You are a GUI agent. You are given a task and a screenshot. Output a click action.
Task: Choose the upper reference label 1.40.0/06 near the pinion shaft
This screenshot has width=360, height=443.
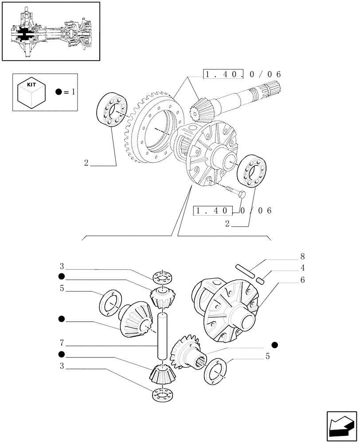[x=242, y=74]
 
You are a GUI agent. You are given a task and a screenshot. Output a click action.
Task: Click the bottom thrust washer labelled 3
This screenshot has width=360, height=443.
[x=162, y=394]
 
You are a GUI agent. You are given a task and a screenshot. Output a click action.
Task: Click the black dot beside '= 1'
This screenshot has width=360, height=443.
[x=59, y=92]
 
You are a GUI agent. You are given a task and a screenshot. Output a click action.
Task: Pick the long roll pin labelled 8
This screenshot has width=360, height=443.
[x=245, y=272]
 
